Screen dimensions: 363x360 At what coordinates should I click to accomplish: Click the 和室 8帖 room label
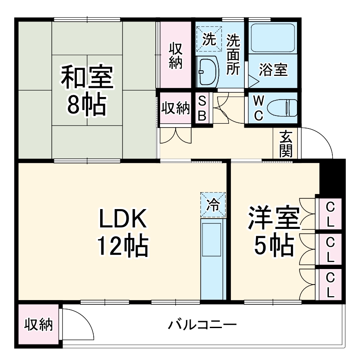pyautogui.click(x=87, y=89)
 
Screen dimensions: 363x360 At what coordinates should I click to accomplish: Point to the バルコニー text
pyautogui.click(x=202, y=324)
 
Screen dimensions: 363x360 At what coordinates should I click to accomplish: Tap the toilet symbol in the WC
pyautogui.click(x=281, y=108)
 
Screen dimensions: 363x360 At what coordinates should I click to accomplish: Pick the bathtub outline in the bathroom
pyautogui.click(x=273, y=36)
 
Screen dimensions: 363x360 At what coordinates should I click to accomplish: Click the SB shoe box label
pyautogui.click(x=202, y=108)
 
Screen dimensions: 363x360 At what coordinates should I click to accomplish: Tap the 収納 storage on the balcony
pyautogui.click(x=38, y=324)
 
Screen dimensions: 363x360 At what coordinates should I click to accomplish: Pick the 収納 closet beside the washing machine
pyautogui.click(x=175, y=56)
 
